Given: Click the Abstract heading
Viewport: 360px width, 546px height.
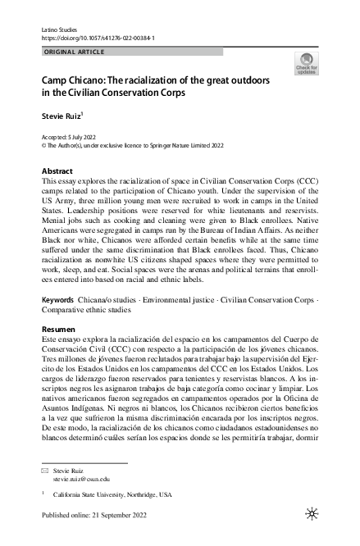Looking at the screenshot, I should pos(57,171).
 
